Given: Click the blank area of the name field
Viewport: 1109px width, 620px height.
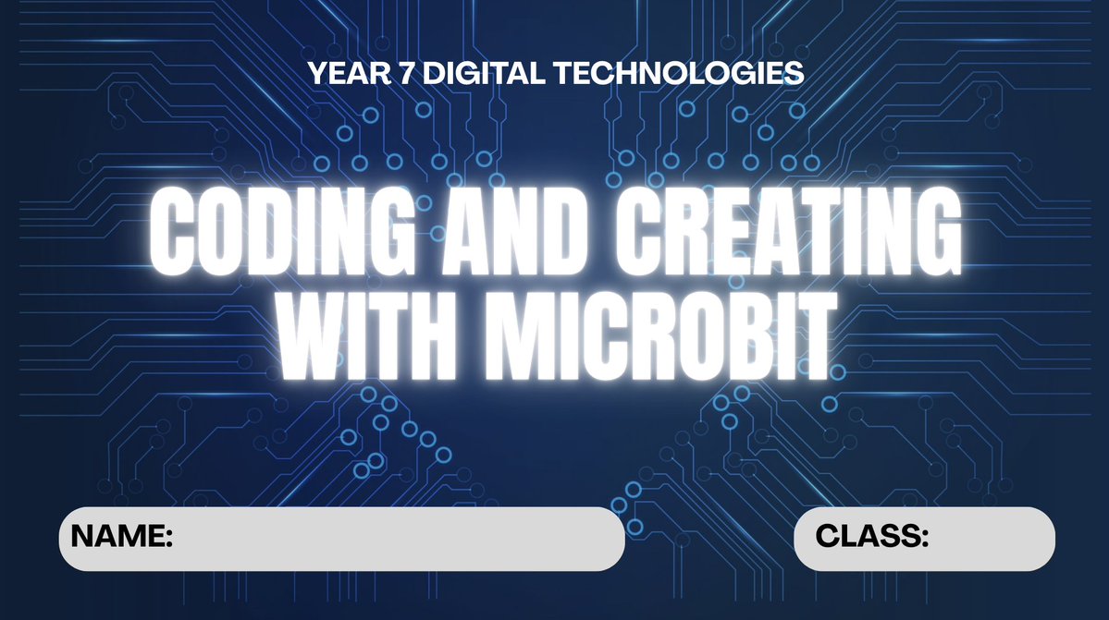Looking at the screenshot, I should tap(398, 538).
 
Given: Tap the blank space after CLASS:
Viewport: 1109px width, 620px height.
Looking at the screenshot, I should tap(990, 538).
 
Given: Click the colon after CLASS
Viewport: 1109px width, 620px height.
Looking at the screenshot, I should tap(924, 538).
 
